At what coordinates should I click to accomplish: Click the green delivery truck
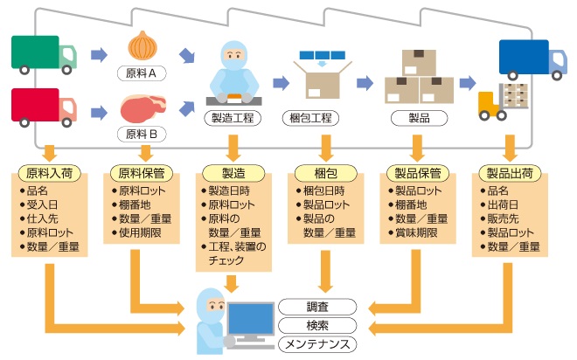click(x=44, y=53)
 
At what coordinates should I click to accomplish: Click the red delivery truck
click(x=44, y=105)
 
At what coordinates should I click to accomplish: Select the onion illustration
click(x=142, y=45)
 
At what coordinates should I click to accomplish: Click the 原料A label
click(x=142, y=74)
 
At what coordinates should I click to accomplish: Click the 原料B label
click(x=142, y=135)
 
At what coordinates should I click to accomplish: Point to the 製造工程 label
click(x=233, y=116)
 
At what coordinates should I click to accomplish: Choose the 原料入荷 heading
click(x=49, y=172)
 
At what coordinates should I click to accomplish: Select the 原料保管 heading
click(x=140, y=172)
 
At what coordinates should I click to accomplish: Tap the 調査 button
click(x=317, y=308)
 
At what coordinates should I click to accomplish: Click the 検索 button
click(x=317, y=325)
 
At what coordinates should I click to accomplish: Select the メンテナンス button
click(x=317, y=343)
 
